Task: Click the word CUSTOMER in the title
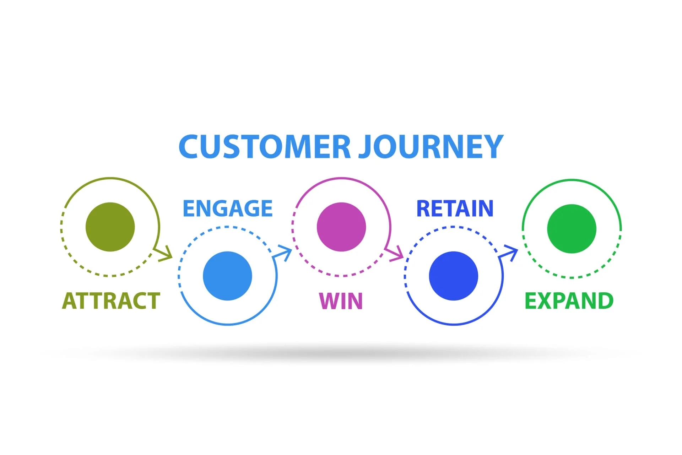(265, 147)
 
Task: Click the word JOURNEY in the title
(431, 147)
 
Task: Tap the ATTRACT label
(111, 301)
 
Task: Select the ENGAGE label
(227, 208)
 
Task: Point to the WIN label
(341, 301)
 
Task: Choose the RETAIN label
(455, 208)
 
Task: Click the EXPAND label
(569, 301)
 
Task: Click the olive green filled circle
(110, 227)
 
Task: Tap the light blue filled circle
(227, 276)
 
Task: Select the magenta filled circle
(341, 227)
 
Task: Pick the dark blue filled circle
(453, 276)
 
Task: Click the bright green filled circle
(572, 229)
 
